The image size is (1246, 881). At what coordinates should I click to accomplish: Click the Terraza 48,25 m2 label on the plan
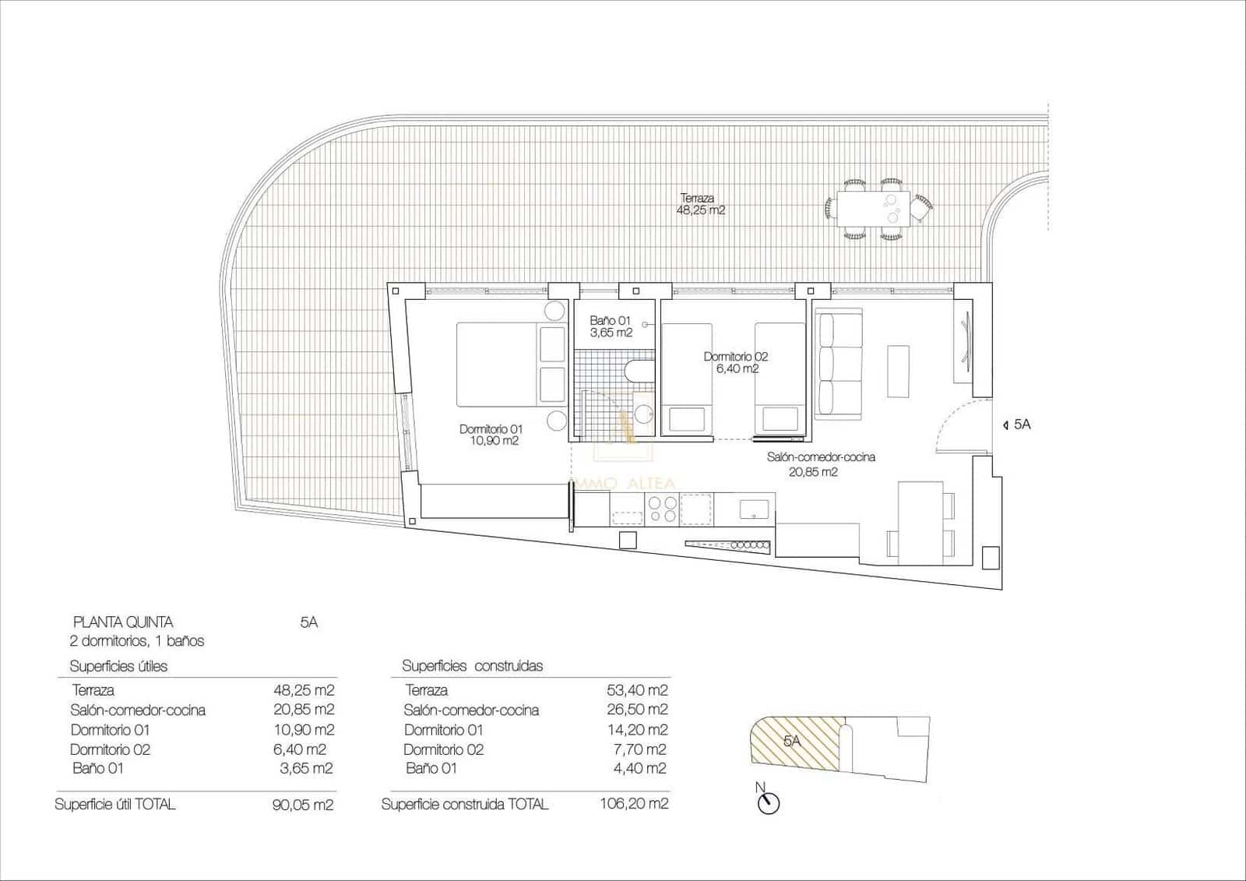pyautogui.click(x=702, y=204)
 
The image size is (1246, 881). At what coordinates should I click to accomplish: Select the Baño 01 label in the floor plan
pyautogui.click(x=611, y=326)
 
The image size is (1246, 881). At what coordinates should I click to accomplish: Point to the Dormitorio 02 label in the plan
pyautogui.click(x=736, y=362)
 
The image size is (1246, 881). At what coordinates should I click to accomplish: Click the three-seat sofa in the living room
pyautogui.click(x=839, y=363)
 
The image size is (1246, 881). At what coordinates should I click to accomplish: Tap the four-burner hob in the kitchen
pyautogui.click(x=663, y=509)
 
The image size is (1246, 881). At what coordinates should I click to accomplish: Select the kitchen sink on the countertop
pyautogui.click(x=754, y=509)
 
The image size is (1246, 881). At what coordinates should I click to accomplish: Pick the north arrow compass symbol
pyautogui.click(x=768, y=803)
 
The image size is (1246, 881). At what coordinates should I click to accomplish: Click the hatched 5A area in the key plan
pyautogui.click(x=793, y=742)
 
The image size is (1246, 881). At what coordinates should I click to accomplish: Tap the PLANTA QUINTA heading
pyautogui.click(x=122, y=622)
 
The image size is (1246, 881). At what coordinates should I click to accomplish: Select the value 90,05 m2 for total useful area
pyautogui.click(x=303, y=805)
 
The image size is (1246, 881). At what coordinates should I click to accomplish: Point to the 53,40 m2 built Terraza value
pyautogui.click(x=637, y=690)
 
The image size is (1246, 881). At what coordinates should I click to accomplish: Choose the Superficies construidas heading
pyautogui.click(x=472, y=666)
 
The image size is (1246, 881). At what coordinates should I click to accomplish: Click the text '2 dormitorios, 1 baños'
pyautogui.click(x=137, y=641)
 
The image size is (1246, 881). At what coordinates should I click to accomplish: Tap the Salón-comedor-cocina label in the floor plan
pyautogui.click(x=821, y=457)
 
